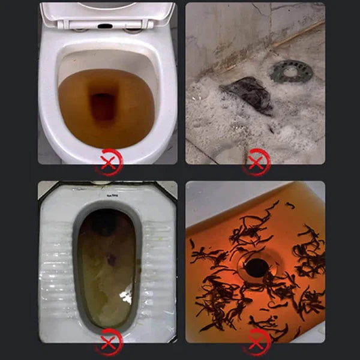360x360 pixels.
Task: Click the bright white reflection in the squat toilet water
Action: [x=126, y=295]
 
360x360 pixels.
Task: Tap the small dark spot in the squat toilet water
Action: [x=112, y=259]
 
